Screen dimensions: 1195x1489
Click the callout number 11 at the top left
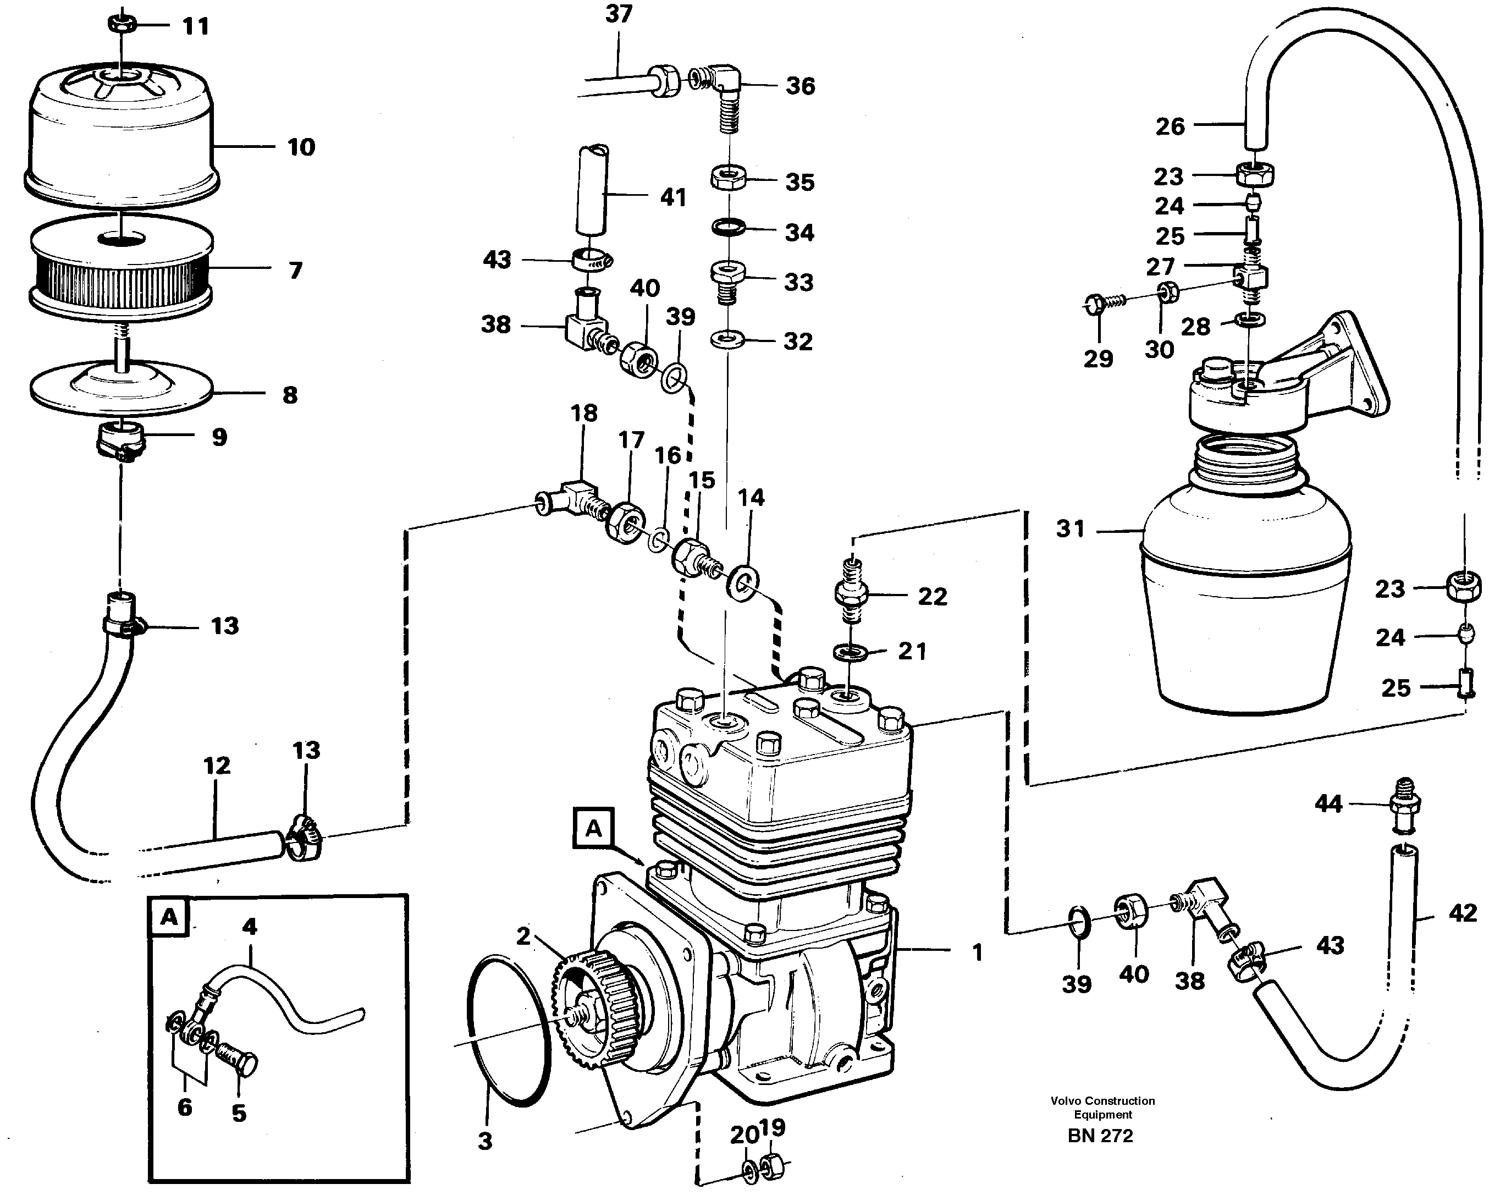tap(195, 26)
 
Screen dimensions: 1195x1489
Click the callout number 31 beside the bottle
tap(1071, 529)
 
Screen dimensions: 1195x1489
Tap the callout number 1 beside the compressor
tap(977, 952)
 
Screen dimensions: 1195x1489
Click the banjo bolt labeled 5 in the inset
tap(238, 1060)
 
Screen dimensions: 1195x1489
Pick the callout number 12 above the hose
tap(217, 766)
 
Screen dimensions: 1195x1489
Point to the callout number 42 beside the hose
tap(1462, 913)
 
